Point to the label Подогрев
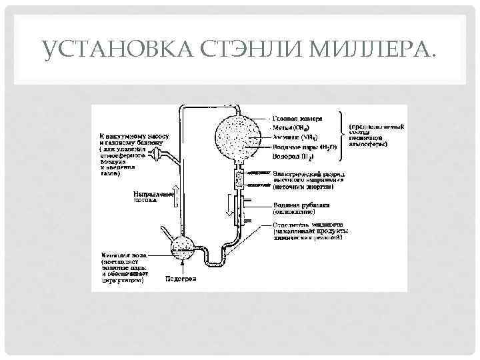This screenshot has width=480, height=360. pyautogui.click(x=180, y=279)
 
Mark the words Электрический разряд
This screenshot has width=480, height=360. pyautogui.click(x=307, y=173)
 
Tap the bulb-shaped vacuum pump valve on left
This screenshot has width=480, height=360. pyautogui.click(x=156, y=155)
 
